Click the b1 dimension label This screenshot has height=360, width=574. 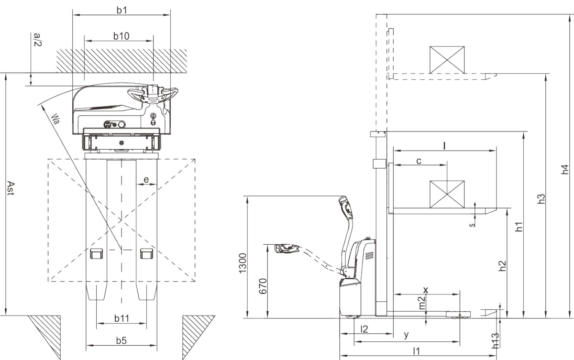pos(121,10)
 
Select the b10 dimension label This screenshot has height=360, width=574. pos(121,36)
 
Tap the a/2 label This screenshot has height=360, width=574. pos(38,39)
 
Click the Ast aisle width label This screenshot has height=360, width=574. pos(11,188)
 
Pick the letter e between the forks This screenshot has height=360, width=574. pos(146,180)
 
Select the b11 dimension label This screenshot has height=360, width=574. pos(121,318)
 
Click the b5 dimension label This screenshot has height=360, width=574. pos(121,341)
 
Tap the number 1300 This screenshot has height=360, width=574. pos(243,263)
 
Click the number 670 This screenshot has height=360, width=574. pos(263,286)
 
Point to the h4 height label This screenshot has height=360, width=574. pos(565,170)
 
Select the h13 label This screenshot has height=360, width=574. pos(496,341)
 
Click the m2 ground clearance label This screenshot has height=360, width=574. pos(422,303)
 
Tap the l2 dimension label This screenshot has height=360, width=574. pos(364,329)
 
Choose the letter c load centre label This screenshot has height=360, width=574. pos(419,161)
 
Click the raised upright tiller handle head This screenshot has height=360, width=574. pos(346,207)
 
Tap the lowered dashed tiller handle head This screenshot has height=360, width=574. pos(287,249)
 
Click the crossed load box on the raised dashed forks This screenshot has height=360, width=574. pos(447,59)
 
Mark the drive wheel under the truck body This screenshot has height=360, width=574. pos(352,316)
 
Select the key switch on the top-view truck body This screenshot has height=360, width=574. pos(153,120)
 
